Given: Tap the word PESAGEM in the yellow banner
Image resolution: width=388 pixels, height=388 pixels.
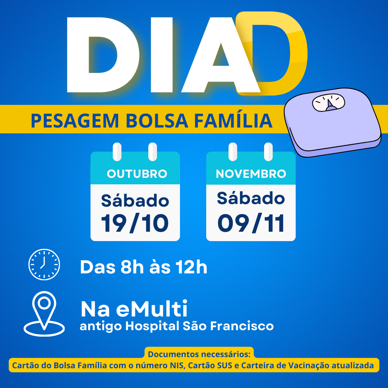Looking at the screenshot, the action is click(x=75, y=121).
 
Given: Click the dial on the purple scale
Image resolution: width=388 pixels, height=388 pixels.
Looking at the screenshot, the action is click(x=329, y=102).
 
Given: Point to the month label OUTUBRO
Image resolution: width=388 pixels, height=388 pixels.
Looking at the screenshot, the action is click(x=137, y=174).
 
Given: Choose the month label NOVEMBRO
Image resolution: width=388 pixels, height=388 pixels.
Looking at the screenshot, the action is click(x=251, y=174).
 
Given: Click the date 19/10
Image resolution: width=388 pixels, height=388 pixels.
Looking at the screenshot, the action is click(x=135, y=223).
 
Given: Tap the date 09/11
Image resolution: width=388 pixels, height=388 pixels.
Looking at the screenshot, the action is click(x=251, y=223).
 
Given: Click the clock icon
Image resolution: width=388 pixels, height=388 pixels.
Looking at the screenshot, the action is click(x=44, y=264).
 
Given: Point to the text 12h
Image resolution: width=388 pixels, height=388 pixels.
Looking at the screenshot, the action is click(x=191, y=267).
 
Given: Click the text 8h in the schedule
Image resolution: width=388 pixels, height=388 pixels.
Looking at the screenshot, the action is click(x=132, y=267).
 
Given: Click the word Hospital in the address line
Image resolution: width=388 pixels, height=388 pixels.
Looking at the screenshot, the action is click(x=152, y=327).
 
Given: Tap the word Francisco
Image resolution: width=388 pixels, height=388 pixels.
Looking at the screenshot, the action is click(x=242, y=326).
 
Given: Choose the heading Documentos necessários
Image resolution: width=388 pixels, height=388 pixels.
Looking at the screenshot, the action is click(x=199, y=354).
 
